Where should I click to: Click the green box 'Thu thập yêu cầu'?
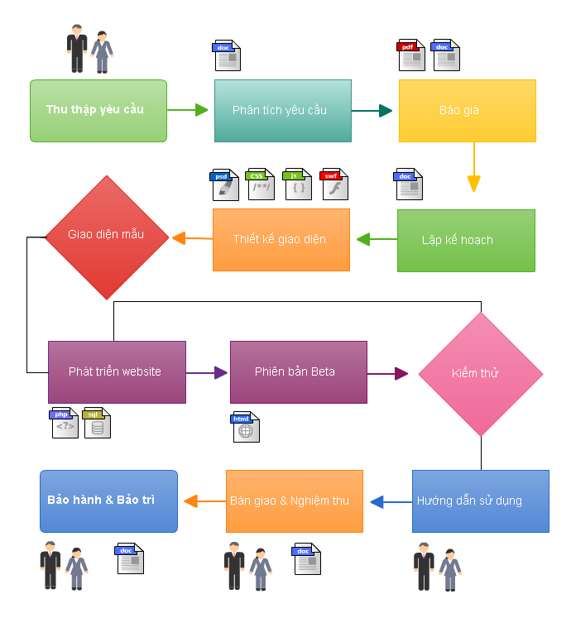coord(98,110)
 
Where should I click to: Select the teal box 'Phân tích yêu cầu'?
coord(282,111)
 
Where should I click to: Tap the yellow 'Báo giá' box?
coord(467,111)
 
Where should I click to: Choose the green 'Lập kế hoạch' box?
coord(466,240)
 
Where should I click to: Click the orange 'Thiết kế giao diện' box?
coord(281,239)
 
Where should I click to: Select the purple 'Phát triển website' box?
coord(117,371)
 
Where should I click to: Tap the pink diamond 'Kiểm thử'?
coord(480,374)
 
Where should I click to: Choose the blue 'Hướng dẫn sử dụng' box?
coord(480,501)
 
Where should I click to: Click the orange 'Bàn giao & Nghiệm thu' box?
coord(294,501)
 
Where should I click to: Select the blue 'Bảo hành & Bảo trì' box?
coord(108,501)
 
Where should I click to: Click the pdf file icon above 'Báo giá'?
coord(410,55)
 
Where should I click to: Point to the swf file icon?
coord(334,185)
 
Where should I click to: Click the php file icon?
coord(65,423)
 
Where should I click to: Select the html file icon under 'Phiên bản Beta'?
coord(246,427)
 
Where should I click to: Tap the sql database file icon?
coord(97,423)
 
